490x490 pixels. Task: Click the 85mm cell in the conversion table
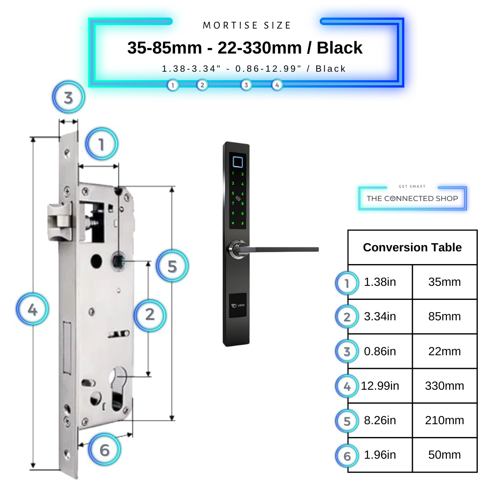[x=444, y=317]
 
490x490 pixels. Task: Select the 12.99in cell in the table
[x=380, y=386]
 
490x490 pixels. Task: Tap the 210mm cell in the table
[x=444, y=421]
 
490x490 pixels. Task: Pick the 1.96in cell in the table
[x=380, y=455]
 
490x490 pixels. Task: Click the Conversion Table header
[x=412, y=247]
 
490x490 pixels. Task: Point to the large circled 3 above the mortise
[x=69, y=98]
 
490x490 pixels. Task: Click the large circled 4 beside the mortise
[x=32, y=310]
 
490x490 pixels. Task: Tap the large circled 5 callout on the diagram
[x=172, y=266]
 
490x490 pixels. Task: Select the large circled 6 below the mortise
[x=105, y=450]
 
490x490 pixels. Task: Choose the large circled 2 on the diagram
[x=150, y=314]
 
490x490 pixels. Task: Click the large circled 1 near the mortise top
[x=102, y=144]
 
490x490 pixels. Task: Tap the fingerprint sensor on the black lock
[x=237, y=162]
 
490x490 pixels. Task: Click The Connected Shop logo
[x=412, y=198]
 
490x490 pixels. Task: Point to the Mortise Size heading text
[x=247, y=25]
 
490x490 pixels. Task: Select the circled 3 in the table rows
[x=347, y=352]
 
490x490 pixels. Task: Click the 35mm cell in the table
[x=444, y=282]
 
